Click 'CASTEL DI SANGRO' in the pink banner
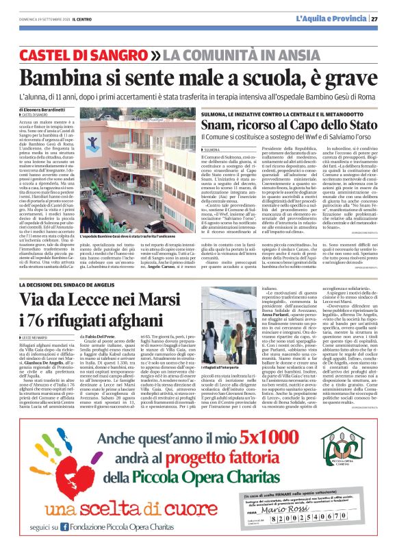90,54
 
